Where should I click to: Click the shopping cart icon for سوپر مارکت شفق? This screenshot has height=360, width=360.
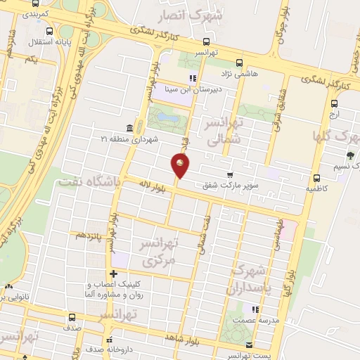tap(230, 175)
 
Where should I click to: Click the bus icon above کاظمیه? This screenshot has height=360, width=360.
tap(316, 177)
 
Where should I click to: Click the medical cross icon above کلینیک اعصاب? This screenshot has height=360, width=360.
tap(113, 274)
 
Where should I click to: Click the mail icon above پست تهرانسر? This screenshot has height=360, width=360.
tap(251, 344)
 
